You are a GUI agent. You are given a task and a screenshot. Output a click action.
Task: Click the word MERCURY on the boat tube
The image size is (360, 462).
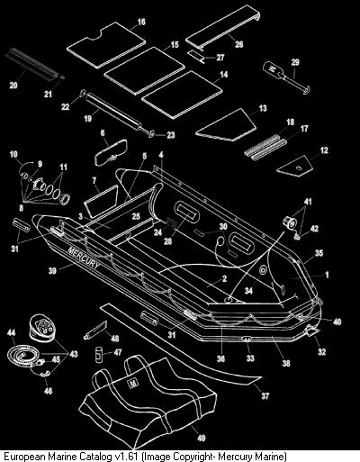[x=84, y=258]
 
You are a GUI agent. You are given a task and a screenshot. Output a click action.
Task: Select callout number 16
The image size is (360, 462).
[x=141, y=22]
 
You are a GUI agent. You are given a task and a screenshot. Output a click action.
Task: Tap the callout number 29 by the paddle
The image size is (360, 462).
[x=295, y=62]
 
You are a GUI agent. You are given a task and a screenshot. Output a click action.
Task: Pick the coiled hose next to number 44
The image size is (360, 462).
[x=22, y=354]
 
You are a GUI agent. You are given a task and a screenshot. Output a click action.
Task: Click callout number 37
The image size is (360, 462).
[x=265, y=396]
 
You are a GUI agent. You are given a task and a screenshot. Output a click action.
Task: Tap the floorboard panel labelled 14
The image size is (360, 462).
[x=182, y=95]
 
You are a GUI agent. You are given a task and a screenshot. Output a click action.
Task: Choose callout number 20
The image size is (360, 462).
[x=13, y=86]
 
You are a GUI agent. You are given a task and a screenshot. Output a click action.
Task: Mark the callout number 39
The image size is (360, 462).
[x=52, y=271]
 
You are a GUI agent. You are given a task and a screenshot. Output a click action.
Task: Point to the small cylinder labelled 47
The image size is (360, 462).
[x=99, y=354]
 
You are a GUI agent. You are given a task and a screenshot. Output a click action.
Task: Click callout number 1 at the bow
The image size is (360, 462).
[x=327, y=275]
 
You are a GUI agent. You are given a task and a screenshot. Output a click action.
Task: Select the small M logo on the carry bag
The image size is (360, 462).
[x=131, y=384]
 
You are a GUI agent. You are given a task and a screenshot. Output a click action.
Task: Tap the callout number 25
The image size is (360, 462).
[x=136, y=216]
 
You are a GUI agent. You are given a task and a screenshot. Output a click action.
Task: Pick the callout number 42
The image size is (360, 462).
[x=314, y=229]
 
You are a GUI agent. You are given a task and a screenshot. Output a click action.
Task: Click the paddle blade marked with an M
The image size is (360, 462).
[x=273, y=69]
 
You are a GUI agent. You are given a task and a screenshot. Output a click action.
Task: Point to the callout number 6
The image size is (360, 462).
[x=103, y=132]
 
